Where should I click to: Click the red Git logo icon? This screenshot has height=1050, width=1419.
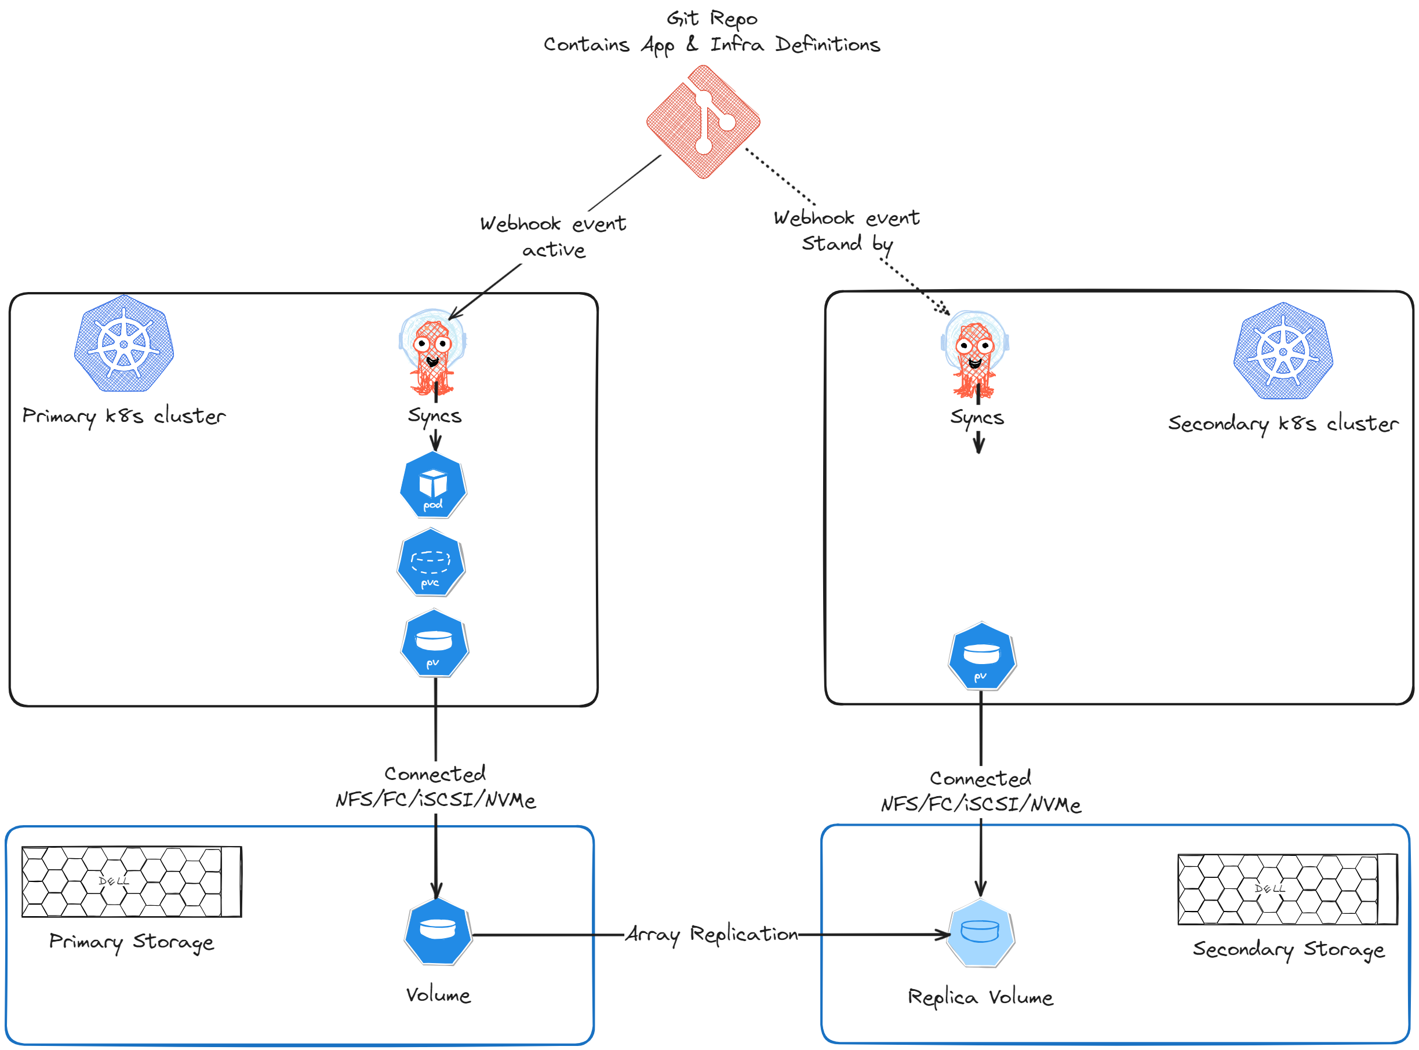[x=703, y=121]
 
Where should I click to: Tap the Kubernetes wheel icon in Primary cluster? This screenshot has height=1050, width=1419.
[x=124, y=344]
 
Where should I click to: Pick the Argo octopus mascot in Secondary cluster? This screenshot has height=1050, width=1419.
[x=974, y=353]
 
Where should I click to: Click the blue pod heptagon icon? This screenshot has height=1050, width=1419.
[x=433, y=486]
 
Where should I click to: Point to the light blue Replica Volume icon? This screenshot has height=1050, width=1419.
[x=980, y=933]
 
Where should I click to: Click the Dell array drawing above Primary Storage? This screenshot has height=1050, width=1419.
[x=132, y=881]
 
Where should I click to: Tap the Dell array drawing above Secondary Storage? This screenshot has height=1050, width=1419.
[x=1287, y=889]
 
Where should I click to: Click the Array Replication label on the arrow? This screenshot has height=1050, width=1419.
[x=711, y=934]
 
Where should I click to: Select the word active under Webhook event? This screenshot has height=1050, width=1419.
[x=553, y=250]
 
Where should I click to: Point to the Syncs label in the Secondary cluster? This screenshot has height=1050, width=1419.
[x=977, y=418]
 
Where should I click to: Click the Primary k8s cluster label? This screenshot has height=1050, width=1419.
[x=124, y=416]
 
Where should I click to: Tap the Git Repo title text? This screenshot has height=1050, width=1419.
[x=711, y=19]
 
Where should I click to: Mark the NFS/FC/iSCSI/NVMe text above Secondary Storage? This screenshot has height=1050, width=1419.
[x=980, y=805]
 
